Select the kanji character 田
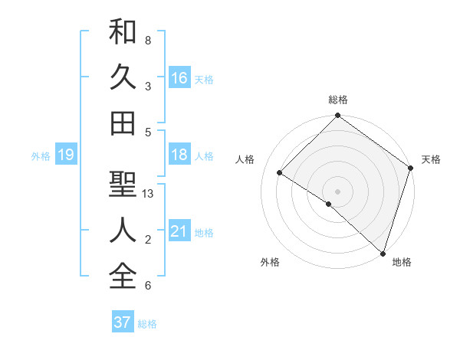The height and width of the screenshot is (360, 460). pos(123,123)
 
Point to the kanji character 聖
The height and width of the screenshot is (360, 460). pos(123,185)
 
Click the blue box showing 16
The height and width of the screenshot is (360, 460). pos(179,77)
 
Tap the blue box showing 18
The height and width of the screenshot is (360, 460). pos(179,155)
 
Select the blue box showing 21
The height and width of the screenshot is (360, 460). pos(179,231)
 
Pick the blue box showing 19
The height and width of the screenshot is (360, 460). pos(65,155)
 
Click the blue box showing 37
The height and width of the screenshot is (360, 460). pos(122,322)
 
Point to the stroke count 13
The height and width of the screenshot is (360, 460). pos(148,195)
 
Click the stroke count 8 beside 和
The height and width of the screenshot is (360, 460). pos(147,40)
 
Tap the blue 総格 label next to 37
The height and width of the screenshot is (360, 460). pos(147,323)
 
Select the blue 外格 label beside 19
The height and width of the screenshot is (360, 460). pos(41,155)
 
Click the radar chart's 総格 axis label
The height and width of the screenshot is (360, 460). pos(337,100)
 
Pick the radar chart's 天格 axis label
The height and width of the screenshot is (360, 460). pos(431,159)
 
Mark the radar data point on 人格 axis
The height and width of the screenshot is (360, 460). pos(280,172)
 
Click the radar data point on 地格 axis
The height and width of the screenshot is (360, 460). pos(382,252)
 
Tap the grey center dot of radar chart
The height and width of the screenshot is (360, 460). pos(337,191)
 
